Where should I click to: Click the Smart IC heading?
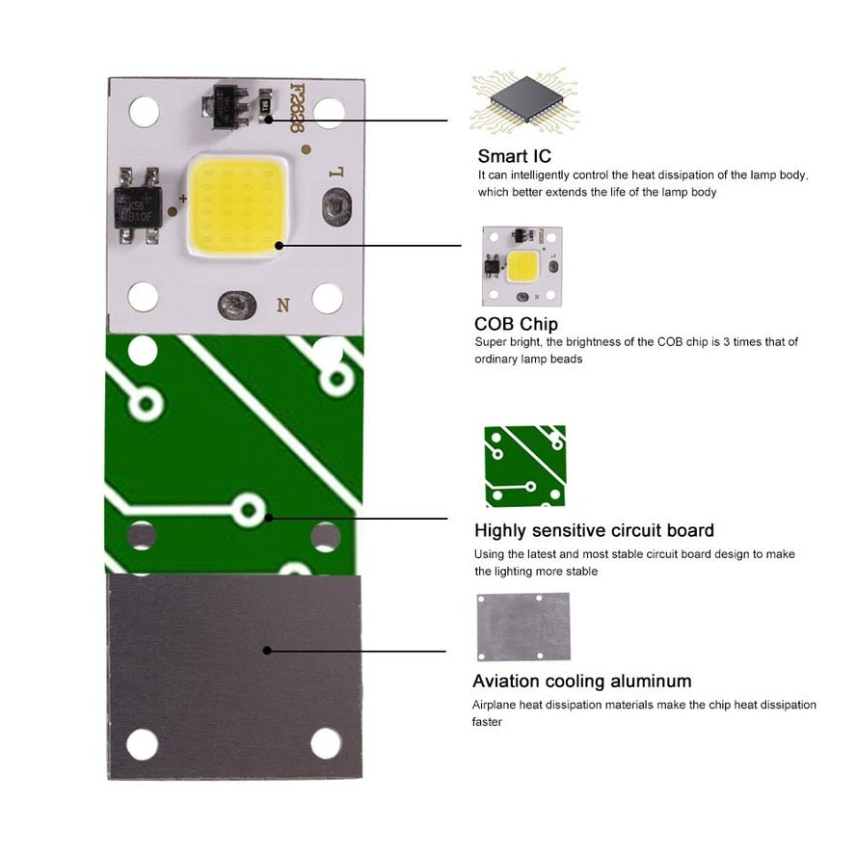point(515,156)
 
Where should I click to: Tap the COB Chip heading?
point(516,324)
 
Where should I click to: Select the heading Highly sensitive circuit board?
point(594,530)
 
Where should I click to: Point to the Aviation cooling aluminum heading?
point(581,682)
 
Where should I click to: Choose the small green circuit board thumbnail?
point(524,467)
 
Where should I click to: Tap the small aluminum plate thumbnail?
point(522,627)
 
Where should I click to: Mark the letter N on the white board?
point(283,306)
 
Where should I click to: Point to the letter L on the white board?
point(336,174)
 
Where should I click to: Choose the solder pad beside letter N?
point(234,306)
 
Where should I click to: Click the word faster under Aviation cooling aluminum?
point(487,722)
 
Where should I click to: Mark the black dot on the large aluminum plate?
point(266,651)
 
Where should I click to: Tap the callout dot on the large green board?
point(269,518)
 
